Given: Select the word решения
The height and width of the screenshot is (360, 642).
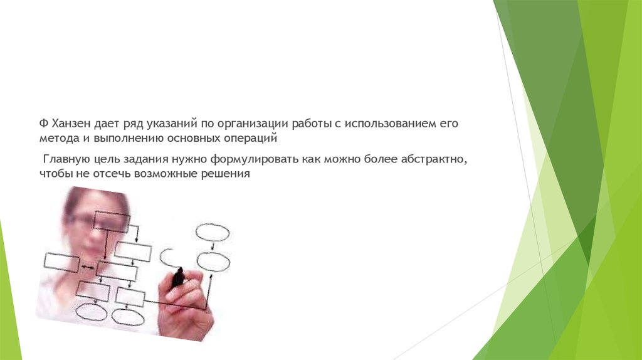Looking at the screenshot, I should coord(227,175).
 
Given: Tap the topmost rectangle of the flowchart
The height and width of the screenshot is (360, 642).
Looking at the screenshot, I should coord(111,222).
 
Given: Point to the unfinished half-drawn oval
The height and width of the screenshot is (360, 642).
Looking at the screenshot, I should coord(167,257).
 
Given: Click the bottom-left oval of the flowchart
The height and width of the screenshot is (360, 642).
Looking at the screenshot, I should coord(91,312).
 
